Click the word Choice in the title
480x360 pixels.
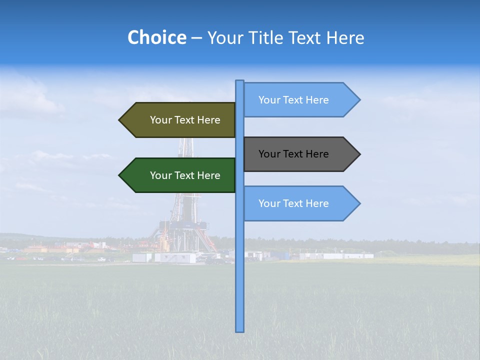point(156,37)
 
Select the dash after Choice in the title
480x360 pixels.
point(196,38)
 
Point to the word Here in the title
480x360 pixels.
point(345,37)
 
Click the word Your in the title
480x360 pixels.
point(224,37)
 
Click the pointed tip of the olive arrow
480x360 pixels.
point(120,120)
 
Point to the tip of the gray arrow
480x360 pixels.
point(359,154)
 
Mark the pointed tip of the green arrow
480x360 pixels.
point(120,175)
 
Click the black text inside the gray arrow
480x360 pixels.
point(293,154)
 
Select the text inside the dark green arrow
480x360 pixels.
point(185,175)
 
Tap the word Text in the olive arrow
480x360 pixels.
point(184,120)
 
